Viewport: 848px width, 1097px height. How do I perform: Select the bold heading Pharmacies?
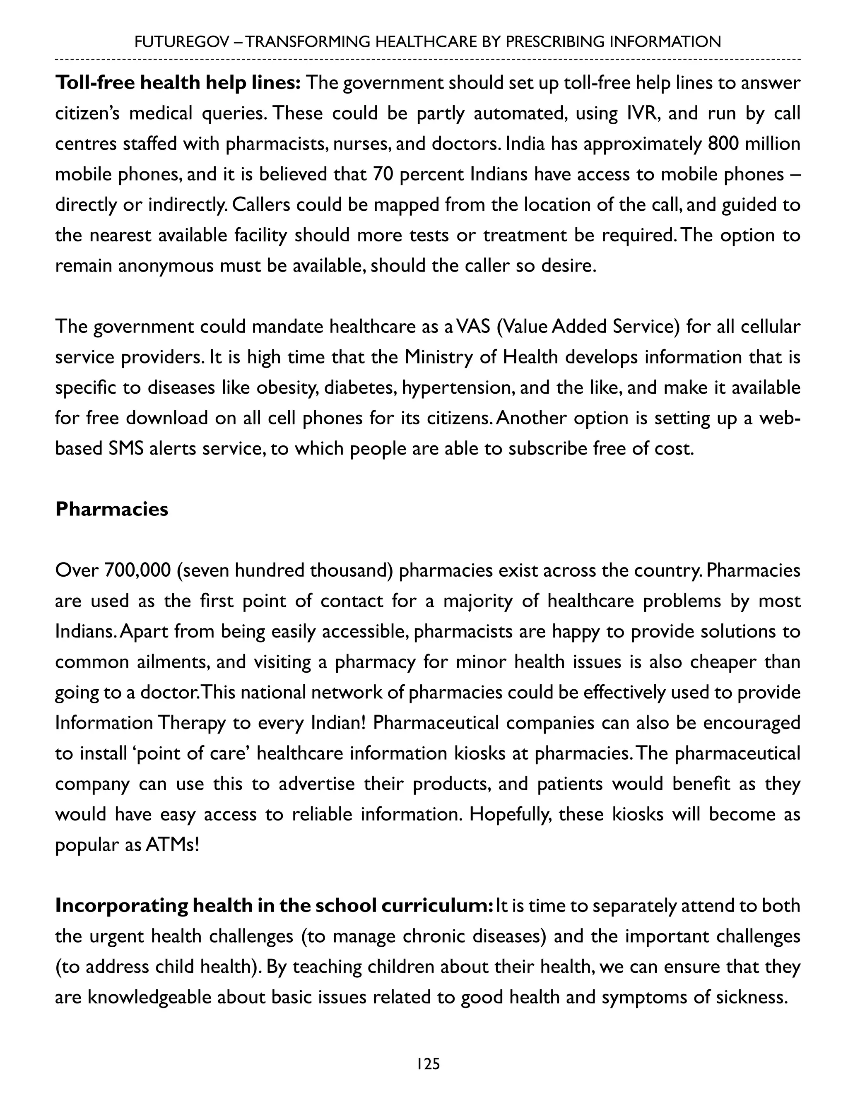click(x=111, y=509)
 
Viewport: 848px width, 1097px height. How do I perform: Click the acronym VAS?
click(x=473, y=327)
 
